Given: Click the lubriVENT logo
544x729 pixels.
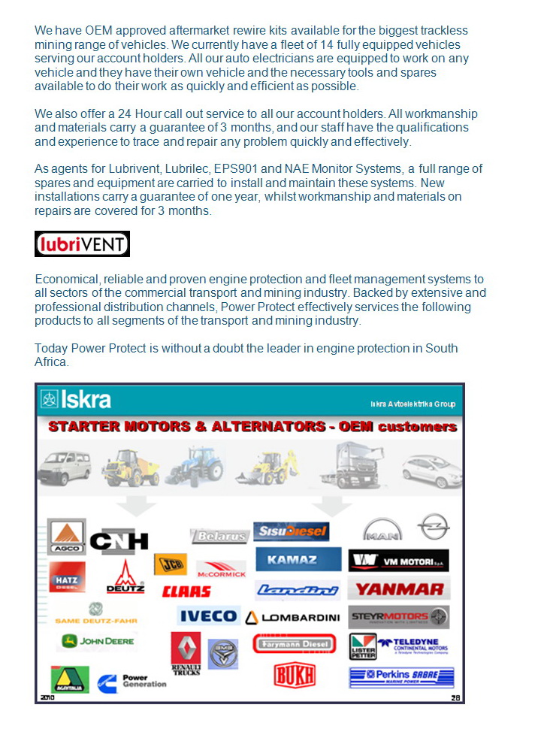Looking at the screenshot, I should (83, 244).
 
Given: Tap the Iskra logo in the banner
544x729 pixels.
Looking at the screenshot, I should (76, 399).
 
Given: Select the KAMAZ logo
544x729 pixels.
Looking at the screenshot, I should (292, 559).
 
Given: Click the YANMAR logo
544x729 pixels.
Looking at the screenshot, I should (399, 589).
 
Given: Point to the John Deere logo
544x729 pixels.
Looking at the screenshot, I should (98, 641).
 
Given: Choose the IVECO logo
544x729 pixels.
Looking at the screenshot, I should (208, 616).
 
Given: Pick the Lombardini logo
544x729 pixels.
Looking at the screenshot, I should (292, 617).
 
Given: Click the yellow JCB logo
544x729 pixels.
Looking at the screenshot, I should (171, 564).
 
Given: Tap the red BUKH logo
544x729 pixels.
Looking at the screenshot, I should (295, 674).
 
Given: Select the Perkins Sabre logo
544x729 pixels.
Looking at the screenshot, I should (401, 677).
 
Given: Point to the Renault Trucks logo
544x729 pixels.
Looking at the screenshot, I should (186, 652).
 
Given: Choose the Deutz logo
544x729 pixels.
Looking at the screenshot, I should (125, 577).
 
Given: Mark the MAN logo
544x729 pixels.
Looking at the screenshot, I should (382, 530).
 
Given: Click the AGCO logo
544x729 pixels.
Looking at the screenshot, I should (67, 536).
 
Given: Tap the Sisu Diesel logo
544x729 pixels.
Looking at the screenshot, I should (292, 531).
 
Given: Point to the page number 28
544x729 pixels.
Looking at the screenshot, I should (455, 697).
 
